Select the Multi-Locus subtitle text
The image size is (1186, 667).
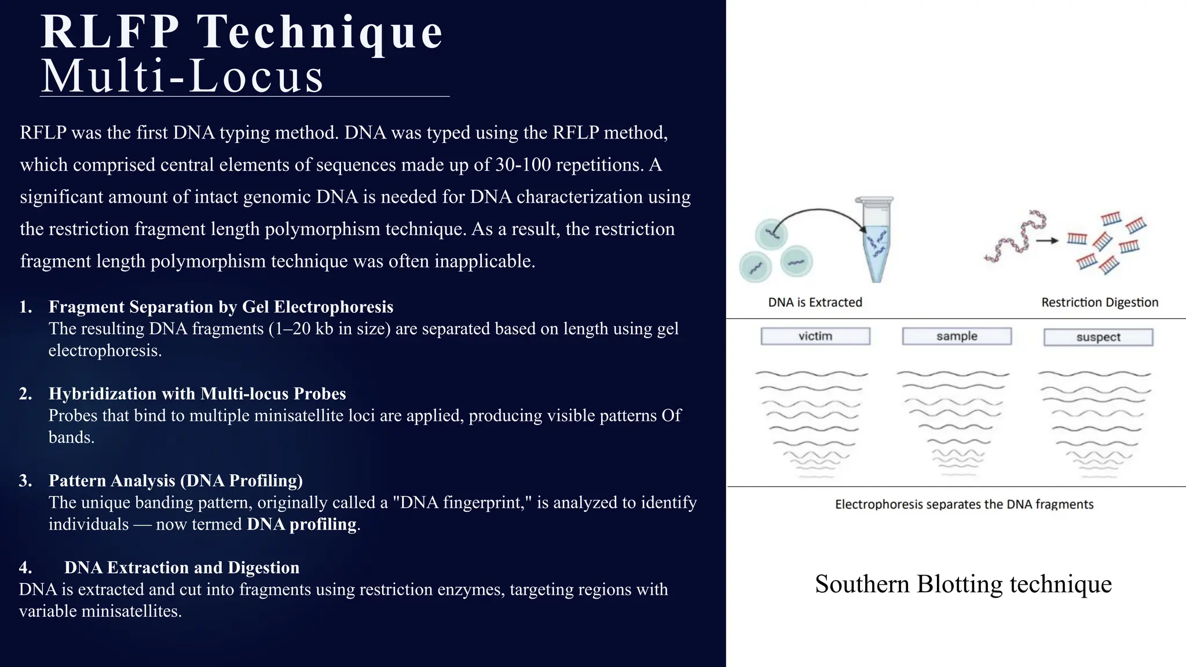182,76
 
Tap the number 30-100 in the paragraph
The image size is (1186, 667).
523,165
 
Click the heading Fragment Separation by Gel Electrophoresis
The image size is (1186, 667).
221,307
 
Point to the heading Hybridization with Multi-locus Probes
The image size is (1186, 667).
197,394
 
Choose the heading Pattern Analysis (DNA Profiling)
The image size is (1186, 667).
175,481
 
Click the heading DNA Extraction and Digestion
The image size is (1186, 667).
182,567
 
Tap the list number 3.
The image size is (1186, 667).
25,481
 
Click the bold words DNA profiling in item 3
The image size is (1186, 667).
301,525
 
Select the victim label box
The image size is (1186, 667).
815,336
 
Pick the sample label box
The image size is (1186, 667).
957,336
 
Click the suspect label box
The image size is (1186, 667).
1098,337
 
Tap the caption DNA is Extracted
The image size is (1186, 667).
815,302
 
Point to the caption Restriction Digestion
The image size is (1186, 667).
1099,302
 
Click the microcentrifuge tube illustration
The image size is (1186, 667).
876,239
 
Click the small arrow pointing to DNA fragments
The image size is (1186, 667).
1047,240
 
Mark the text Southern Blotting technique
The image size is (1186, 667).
963,584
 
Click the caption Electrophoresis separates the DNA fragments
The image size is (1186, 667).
964,504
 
